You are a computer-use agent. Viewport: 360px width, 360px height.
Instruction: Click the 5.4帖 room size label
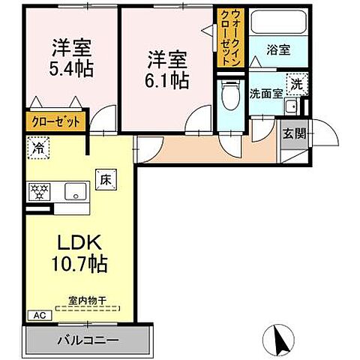coord(72,70)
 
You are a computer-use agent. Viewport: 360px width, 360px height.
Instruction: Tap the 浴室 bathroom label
coord(277,51)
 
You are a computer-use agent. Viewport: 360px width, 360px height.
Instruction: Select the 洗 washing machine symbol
coord(297,85)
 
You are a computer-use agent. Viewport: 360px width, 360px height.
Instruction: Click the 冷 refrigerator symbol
coord(36,148)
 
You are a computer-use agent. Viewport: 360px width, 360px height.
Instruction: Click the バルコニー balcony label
coord(88,340)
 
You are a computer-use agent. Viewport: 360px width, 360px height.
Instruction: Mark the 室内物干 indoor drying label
coord(87,301)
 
